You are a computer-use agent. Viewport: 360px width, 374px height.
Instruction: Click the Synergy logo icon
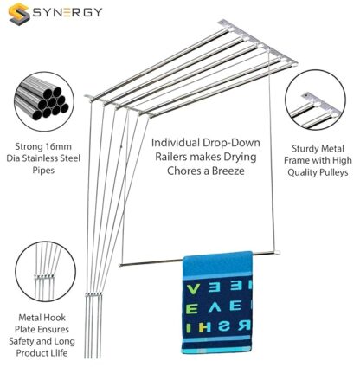(19, 14)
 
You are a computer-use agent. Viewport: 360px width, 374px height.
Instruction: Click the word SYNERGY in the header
(67, 12)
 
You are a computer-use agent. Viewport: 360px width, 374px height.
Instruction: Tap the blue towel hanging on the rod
(217, 303)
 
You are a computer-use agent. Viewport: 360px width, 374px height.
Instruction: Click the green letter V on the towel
(192, 289)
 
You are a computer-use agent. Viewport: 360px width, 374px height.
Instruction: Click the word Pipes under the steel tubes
(43, 170)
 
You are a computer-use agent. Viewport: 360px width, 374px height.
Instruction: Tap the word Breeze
(228, 171)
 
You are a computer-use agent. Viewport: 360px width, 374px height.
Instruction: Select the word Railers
(171, 157)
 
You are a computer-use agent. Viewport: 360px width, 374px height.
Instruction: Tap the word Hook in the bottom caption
(55, 318)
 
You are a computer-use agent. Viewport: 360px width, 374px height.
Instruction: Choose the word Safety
(21, 341)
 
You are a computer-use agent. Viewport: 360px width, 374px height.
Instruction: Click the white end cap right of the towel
(277, 253)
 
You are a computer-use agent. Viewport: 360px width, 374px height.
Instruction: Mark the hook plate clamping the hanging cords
(93, 294)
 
